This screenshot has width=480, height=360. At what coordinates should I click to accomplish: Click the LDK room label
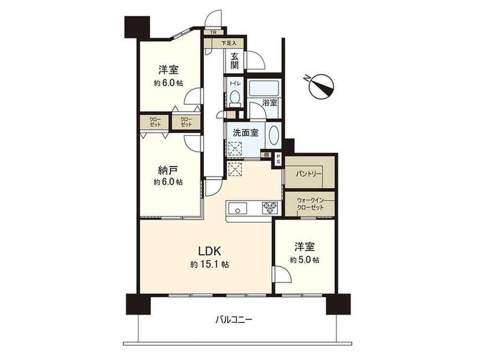[x=210, y=251]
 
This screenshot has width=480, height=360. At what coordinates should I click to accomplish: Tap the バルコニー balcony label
[x=234, y=320]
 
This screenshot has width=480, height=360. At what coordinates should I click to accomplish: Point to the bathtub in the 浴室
[x=263, y=89]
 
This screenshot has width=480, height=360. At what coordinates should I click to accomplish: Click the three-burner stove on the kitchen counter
[x=270, y=208]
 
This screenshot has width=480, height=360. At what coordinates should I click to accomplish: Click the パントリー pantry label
[x=308, y=174]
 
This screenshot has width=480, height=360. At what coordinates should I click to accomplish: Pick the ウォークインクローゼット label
[x=310, y=204]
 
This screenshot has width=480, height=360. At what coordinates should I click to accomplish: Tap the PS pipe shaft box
[x=278, y=159]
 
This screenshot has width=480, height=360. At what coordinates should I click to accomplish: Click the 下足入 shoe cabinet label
[x=229, y=43]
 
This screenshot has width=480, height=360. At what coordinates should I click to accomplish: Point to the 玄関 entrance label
[x=235, y=61]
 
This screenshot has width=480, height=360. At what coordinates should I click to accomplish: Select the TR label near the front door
[x=213, y=32]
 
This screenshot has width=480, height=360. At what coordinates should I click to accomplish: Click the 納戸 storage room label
[x=168, y=170]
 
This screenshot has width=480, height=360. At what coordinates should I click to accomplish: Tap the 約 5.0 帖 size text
[x=305, y=260]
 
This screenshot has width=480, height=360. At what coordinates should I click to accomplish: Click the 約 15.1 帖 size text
[x=209, y=264]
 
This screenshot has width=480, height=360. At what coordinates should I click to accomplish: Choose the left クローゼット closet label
[x=155, y=122]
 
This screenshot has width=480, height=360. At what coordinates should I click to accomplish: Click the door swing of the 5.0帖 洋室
[x=282, y=274]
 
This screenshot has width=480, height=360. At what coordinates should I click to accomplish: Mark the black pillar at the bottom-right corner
[x=338, y=304]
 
